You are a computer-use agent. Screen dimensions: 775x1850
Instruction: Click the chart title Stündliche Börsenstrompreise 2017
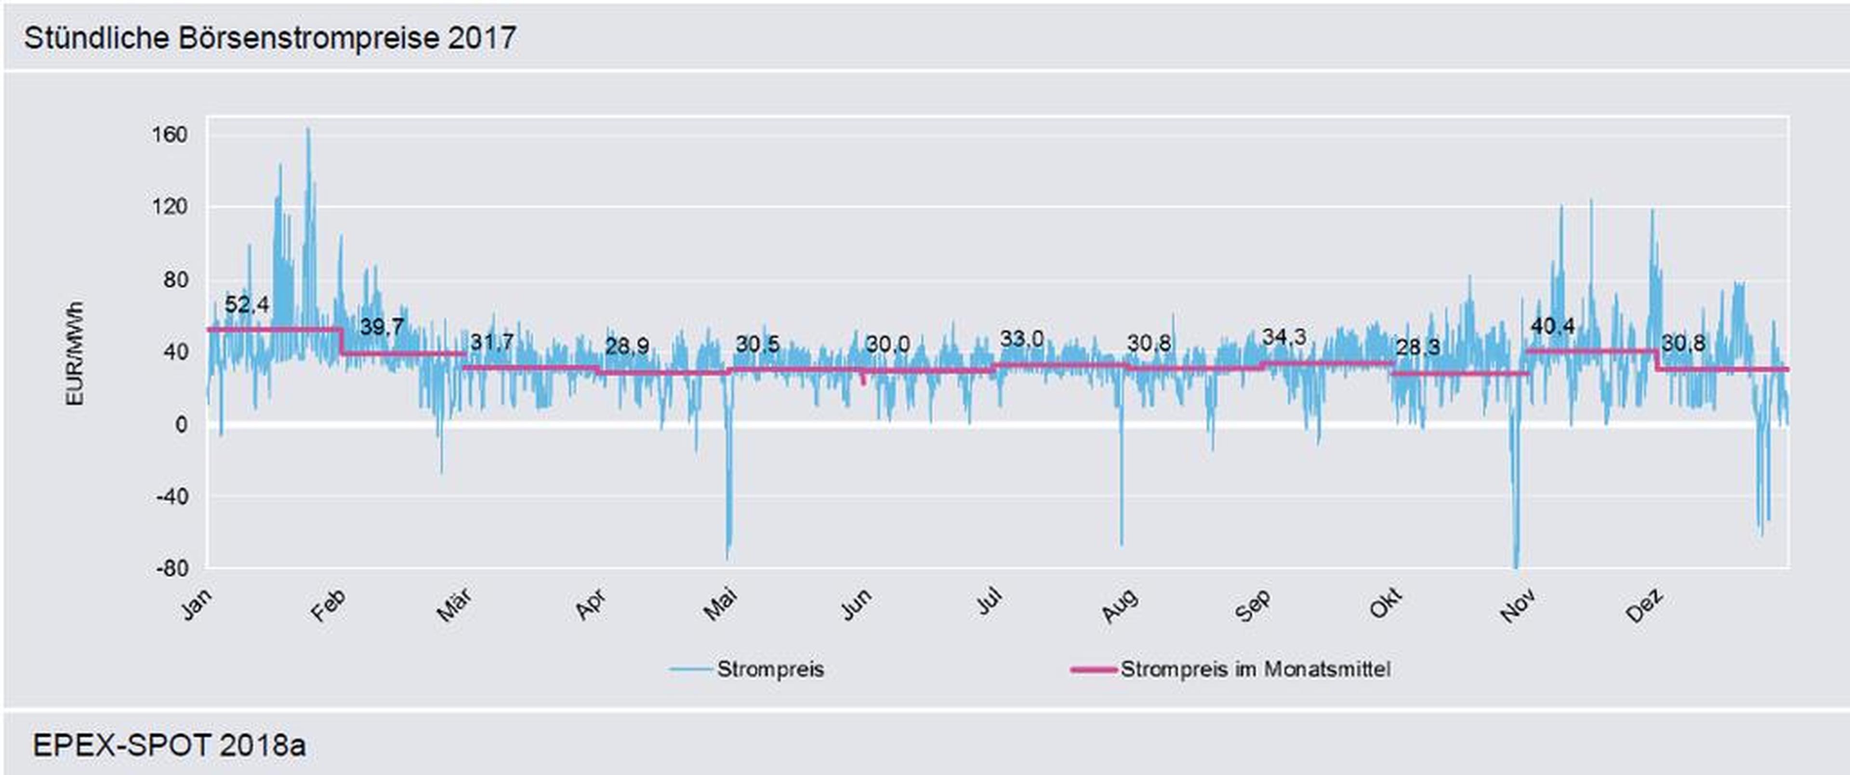coord(270,38)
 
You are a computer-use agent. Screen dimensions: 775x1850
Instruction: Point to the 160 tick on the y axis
coord(170,134)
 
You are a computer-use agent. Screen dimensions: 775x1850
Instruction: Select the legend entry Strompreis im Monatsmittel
coord(1255,670)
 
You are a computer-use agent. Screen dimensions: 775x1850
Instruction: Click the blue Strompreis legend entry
coord(770,670)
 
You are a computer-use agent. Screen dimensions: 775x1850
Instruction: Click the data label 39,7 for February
coord(382,328)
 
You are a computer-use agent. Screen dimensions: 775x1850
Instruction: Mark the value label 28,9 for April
coord(627,346)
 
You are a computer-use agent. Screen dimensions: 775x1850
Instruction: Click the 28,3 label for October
coord(1418,348)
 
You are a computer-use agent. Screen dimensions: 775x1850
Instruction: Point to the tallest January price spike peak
coord(308,129)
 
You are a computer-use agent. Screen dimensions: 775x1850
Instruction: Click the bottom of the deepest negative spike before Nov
coord(1516,567)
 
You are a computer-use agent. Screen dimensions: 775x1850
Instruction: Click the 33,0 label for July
coord(1022,338)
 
